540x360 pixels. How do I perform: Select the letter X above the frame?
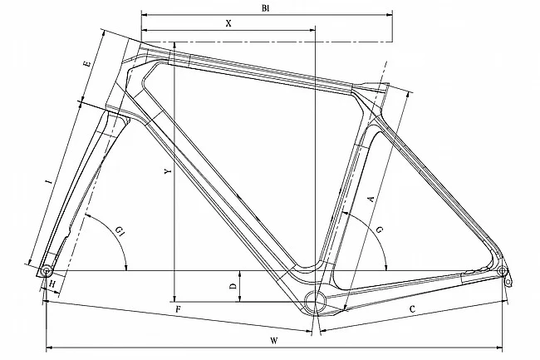coord(228,24)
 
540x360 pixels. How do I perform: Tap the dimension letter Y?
coord(167,172)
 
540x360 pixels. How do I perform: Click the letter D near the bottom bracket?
coord(233,285)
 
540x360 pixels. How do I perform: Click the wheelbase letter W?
coord(273,341)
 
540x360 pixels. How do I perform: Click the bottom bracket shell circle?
coord(316,300)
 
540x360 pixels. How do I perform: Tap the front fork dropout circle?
coord(47,271)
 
